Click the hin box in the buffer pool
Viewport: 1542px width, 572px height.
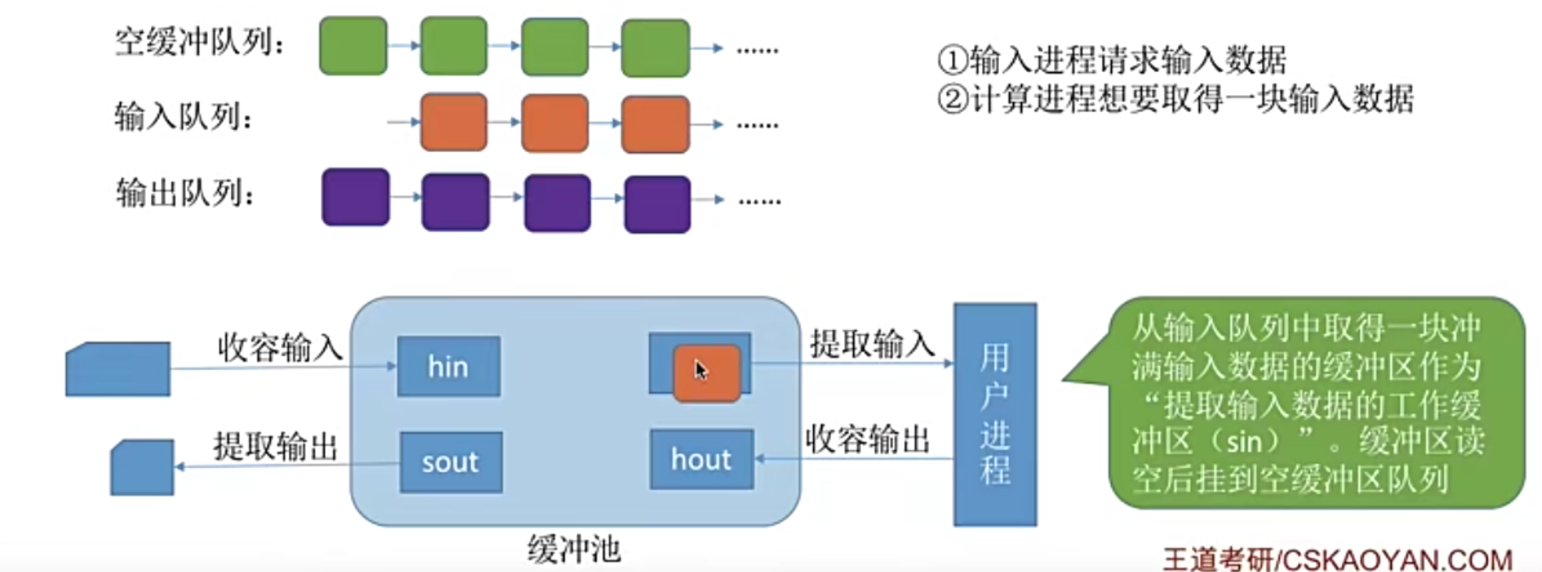(448, 366)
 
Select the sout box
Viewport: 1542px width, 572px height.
(451, 462)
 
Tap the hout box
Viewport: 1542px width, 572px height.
(701, 459)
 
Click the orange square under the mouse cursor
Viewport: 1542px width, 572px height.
(707, 374)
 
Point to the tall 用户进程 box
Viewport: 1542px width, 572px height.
(995, 414)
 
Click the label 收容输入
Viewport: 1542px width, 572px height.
(279, 347)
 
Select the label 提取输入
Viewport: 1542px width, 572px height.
(872, 343)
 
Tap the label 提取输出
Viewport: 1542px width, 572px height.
(276, 446)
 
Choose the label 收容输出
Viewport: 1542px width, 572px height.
(867, 439)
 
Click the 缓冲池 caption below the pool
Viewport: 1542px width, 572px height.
(573, 549)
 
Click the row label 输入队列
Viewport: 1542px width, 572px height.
(183, 117)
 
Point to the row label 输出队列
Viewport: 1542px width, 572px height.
(185, 192)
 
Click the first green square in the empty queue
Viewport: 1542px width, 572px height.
(353, 45)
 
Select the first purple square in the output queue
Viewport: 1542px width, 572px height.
(356, 197)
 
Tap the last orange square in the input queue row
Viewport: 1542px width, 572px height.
(655, 125)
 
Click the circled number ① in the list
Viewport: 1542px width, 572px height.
(952, 60)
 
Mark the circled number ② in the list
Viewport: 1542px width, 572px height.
(952, 99)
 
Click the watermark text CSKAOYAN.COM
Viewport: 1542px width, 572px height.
(1396, 559)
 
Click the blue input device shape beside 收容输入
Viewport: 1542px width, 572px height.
(118, 368)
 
